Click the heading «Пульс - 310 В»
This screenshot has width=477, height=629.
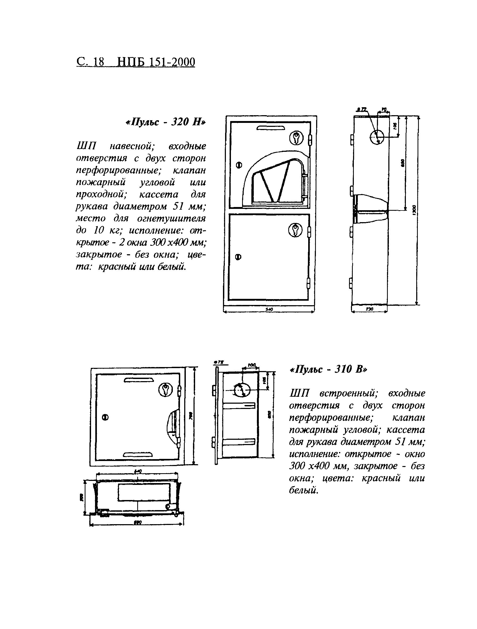click(x=328, y=369)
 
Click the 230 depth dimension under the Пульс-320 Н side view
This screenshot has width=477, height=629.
click(x=369, y=309)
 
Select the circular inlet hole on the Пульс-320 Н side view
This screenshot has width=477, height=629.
click(x=377, y=137)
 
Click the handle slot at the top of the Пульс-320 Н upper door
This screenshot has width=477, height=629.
click(x=270, y=128)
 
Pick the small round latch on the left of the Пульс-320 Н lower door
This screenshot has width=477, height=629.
click(x=238, y=257)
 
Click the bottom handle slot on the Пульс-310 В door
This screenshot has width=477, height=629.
click(x=138, y=455)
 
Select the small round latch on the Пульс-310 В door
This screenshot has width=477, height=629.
click(x=105, y=417)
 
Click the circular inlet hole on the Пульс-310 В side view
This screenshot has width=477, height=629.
click(x=242, y=390)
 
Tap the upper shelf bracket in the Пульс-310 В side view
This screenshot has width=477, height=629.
click(x=239, y=406)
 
